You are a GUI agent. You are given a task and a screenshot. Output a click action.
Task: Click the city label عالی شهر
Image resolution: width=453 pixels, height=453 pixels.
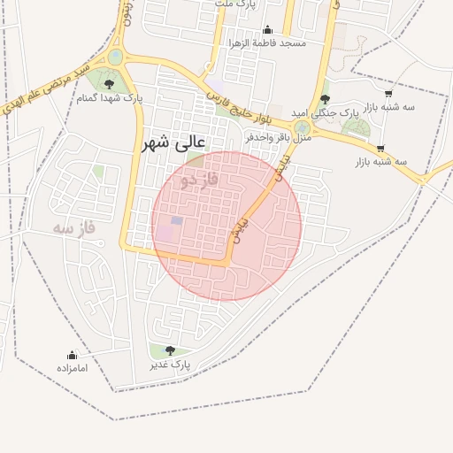173,142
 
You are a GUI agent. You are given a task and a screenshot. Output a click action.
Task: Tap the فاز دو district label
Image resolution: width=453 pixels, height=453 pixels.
199,180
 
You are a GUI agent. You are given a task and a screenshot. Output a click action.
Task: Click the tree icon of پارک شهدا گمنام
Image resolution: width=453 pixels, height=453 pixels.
109,84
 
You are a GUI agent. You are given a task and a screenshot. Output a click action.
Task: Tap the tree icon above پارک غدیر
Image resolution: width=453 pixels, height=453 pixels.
169,350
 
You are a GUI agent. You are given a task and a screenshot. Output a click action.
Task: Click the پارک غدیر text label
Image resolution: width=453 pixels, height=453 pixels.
170,364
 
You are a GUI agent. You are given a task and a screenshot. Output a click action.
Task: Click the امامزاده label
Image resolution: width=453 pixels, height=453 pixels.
73,367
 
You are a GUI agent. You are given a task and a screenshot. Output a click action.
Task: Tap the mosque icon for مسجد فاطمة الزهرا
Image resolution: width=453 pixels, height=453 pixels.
267,30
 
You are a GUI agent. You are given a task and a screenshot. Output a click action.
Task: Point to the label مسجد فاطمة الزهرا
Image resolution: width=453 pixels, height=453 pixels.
267,42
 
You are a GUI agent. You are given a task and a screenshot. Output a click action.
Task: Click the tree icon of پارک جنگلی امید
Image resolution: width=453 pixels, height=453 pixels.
325,99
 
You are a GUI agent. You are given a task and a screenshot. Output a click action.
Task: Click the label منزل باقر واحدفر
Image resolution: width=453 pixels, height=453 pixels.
278,137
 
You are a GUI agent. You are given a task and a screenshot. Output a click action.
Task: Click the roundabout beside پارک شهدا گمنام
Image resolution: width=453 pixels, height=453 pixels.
116,58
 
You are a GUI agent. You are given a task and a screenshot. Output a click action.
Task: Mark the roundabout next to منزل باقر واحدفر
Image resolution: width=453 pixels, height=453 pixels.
303,127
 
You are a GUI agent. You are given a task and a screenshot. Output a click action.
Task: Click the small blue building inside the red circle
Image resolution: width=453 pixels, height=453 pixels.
177,220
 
